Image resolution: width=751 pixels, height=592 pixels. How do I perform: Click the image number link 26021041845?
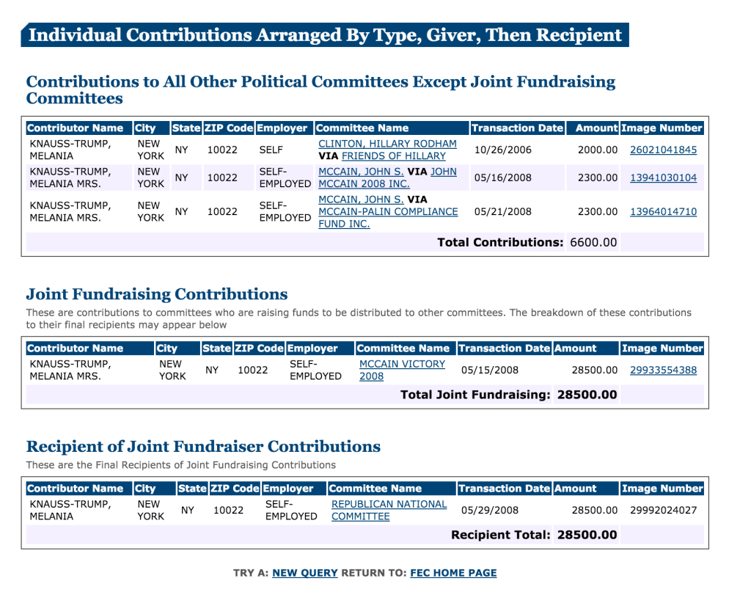coord(663,150)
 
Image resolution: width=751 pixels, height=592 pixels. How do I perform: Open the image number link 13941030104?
coord(663,178)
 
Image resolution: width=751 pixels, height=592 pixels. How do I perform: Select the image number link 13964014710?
coord(663,211)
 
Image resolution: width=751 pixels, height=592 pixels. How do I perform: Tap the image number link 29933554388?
coord(663,370)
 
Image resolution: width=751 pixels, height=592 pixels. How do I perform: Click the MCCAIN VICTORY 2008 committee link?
coord(402,370)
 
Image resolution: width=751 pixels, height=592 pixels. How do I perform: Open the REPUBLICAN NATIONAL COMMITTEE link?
coord(389,510)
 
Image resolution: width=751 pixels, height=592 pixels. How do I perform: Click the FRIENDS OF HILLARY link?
coord(393,156)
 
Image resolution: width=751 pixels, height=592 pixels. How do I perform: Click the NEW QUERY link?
coord(304,573)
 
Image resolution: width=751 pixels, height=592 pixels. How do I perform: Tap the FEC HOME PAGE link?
coord(453,573)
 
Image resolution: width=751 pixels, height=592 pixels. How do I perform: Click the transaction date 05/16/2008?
coord(502,178)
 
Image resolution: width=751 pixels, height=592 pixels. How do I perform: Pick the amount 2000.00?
coord(598,150)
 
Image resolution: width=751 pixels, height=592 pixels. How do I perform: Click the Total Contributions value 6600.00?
coord(593,242)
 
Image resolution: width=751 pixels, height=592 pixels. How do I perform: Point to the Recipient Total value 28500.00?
coord(587,535)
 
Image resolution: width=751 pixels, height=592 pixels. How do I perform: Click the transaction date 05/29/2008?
coord(489,510)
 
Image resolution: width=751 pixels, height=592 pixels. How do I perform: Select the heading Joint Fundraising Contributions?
coord(157,294)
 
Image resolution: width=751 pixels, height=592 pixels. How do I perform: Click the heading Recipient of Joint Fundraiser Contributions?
coord(203,446)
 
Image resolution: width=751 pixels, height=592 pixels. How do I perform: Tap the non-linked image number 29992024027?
coord(663,510)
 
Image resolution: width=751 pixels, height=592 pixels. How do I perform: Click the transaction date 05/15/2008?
coord(489,370)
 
